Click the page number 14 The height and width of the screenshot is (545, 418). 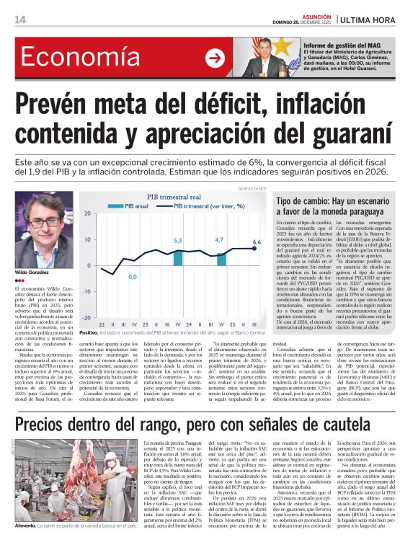19,19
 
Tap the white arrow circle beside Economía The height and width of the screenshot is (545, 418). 215,58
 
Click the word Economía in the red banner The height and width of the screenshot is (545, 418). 70,58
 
